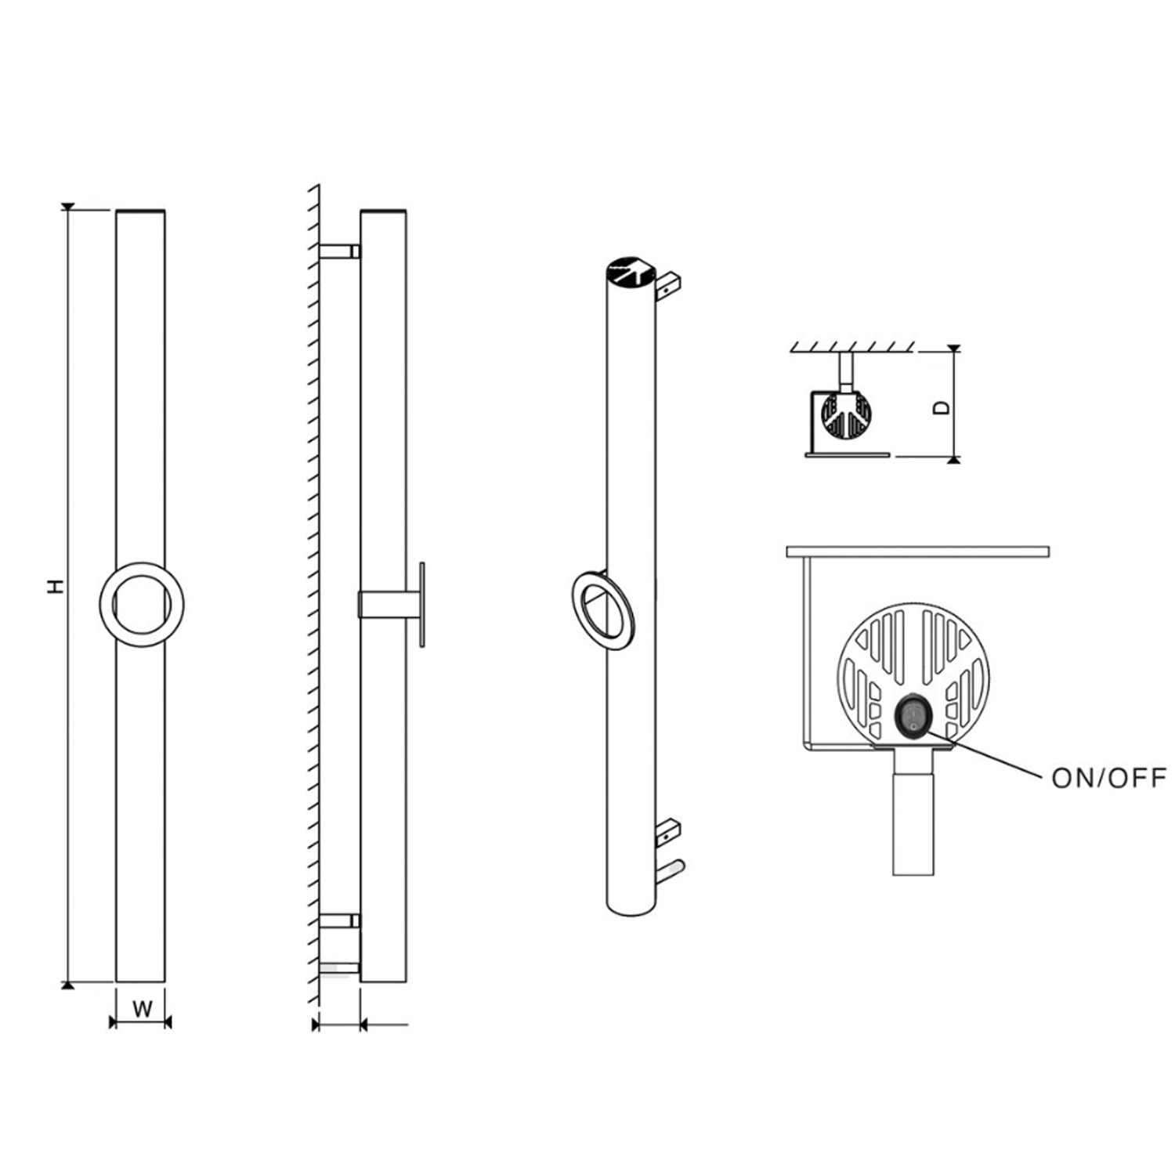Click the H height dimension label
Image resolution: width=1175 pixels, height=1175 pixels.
click(54, 586)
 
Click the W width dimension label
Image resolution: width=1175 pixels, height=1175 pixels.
click(142, 1009)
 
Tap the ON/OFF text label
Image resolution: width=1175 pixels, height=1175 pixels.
click(1108, 778)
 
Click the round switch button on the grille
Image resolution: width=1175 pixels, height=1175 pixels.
click(913, 714)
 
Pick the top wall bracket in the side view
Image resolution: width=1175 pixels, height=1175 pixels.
click(339, 251)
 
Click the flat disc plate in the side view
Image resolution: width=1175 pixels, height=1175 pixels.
click(422, 604)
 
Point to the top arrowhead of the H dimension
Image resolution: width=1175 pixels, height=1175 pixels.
click(68, 207)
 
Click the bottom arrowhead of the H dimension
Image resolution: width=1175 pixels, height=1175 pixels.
click(68, 985)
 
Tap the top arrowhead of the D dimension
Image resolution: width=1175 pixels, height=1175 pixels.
click(953, 348)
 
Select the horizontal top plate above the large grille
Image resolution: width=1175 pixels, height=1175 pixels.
click(916, 552)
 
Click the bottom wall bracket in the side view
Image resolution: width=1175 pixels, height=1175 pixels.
click(339, 921)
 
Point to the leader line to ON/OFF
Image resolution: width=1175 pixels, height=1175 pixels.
click(987, 754)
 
